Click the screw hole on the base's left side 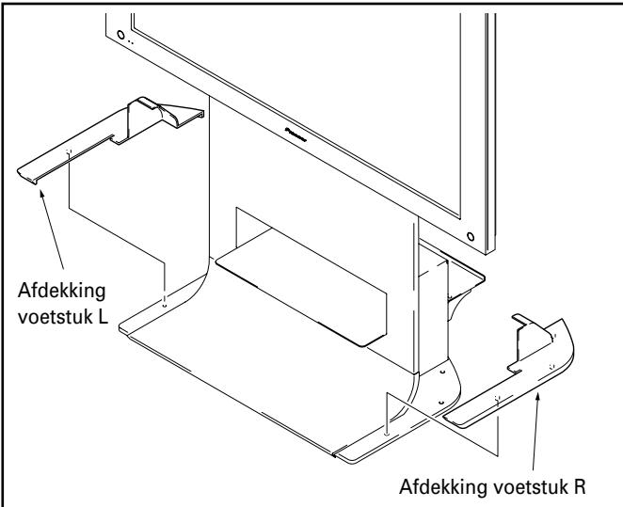(x=165, y=303)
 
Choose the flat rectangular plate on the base (x=301, y=292)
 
